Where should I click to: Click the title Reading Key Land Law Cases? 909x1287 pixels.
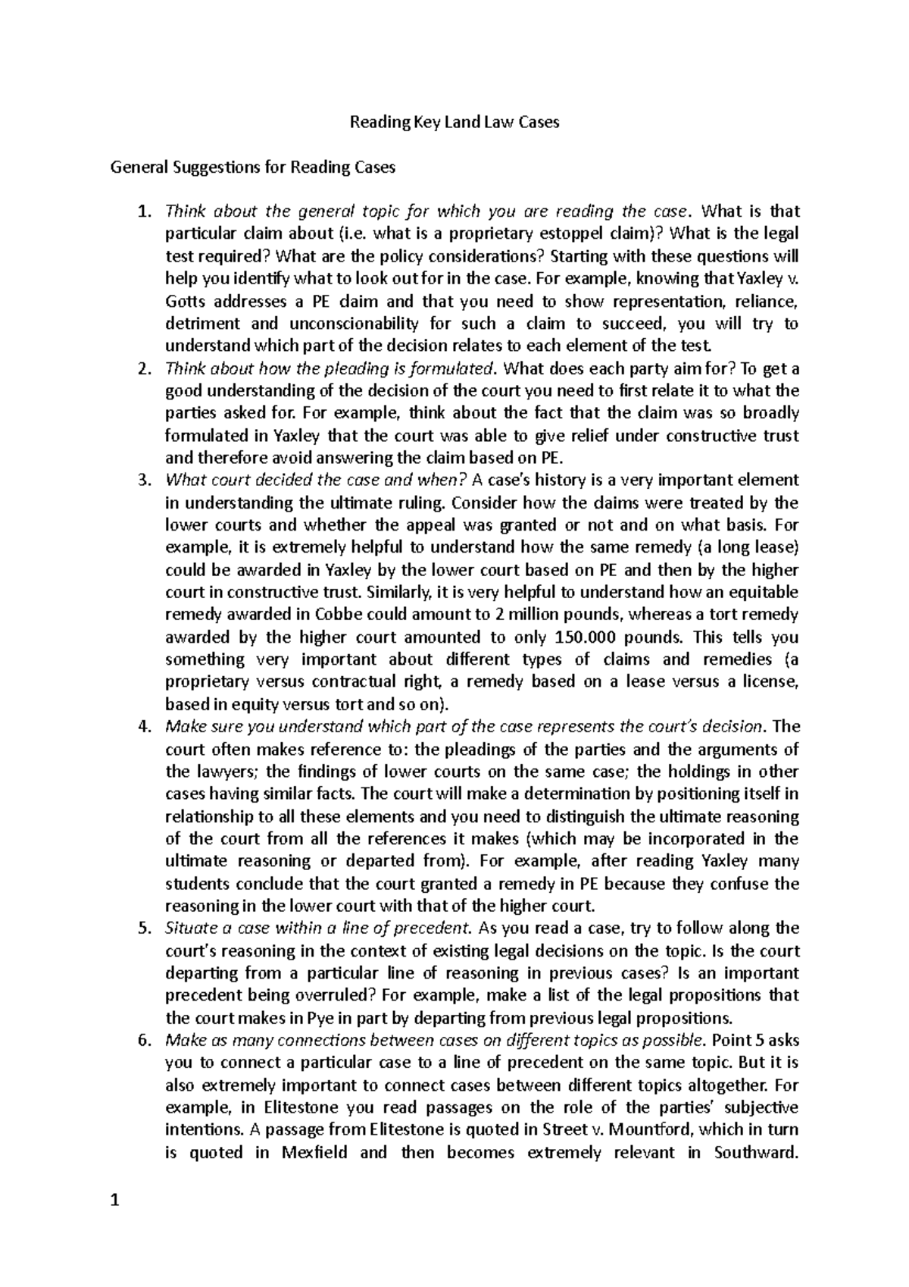453,122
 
